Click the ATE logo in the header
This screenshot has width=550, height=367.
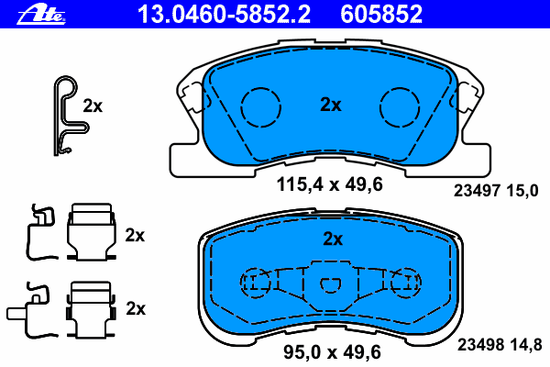[x=41, y=15]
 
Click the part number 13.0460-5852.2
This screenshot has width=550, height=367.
[x=224, y=14]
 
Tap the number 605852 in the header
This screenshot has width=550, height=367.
[x=381, y=14]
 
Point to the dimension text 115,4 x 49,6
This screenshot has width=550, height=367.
[x=329, y=184]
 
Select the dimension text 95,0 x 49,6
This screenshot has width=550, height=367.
[x=332, y=352]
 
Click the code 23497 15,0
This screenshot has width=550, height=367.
[x=496, y=191]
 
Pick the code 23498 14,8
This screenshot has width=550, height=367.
[x=500, y=345]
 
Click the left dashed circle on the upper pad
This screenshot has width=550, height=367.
[x=261, y=88]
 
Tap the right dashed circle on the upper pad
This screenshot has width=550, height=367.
[x=400, y=88]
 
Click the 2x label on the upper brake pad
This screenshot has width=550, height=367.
[x=330, y=105]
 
